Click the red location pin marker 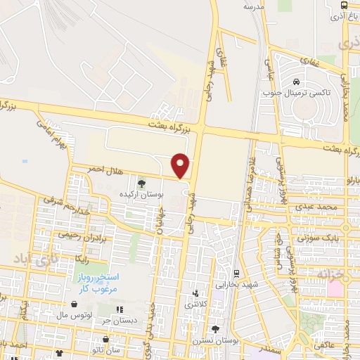181,165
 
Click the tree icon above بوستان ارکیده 141,184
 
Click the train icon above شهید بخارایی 236,273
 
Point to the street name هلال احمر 89,169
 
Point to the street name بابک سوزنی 322,238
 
